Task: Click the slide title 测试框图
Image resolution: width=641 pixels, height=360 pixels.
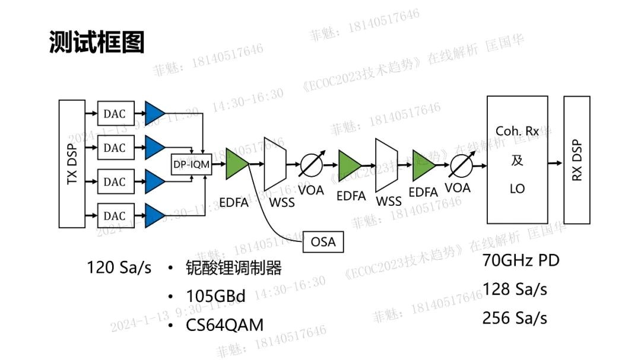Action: click(x=97, y=43)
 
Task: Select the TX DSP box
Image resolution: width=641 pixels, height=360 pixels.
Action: click(x=72, y=164)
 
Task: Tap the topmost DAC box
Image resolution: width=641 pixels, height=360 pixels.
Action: click(x=115, y=113)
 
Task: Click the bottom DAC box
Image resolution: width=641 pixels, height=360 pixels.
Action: click(x=115, y=215)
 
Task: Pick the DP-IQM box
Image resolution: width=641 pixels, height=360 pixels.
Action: click(x=191, y=164)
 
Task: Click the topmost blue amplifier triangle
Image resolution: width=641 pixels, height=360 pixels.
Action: click(x=155, y=113)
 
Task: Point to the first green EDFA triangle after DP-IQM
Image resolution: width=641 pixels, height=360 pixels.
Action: click(x=237, y=164)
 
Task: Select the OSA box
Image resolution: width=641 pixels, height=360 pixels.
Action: click(x=323, y=242)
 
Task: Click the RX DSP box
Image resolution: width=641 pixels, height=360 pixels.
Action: click(x=577, y=161)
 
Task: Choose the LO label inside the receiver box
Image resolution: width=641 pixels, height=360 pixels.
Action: click(x=517, y=189)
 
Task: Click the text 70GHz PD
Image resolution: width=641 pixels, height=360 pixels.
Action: click(x=521, y=260)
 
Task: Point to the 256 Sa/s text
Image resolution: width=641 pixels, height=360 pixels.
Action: click(x=515, y=318)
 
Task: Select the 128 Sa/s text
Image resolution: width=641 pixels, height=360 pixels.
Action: click(x=515, y=289)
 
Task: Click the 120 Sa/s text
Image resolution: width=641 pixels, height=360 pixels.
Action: click(x=119, y=268)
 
